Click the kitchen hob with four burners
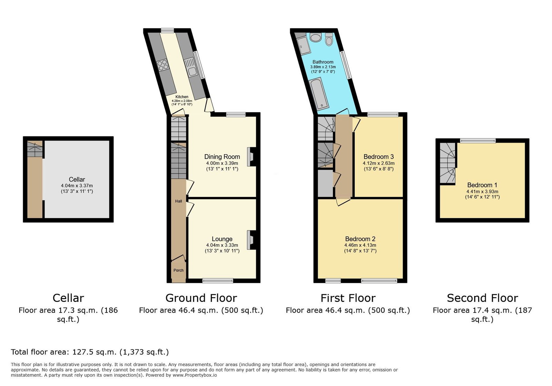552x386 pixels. point(163,66)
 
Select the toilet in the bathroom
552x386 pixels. point(329,39)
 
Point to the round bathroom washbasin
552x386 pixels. point(315,38)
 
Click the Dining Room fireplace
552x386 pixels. point(252,157)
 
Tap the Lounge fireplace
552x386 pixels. point(252,240)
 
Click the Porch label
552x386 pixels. point(178,270)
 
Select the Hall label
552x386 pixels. point(178,201)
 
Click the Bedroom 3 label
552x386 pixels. point(378,157)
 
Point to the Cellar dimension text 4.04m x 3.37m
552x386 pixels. point(77,186)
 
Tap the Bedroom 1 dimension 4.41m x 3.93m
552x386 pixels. point(482,191)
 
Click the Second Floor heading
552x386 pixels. point(482,298)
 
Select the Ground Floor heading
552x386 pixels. point(201,298)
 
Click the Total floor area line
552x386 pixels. point(90,352)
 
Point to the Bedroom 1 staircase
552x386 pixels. point(447,163)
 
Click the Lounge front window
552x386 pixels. point(218,280)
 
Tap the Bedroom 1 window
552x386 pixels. point(478,141)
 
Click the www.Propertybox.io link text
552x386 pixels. point(195,375)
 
